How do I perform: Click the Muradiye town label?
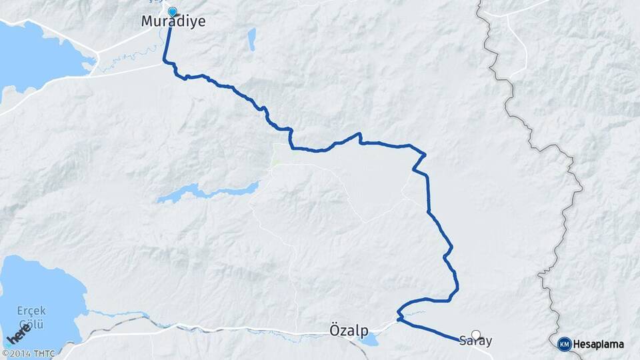coord(173,21)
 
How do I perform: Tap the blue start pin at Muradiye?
coord(173,12)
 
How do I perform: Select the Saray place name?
coord(476,341)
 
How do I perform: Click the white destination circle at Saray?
coord(476,335)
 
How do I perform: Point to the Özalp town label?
coord(349,329)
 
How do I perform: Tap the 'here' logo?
coord(19,333)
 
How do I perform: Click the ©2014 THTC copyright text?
coord(28,353)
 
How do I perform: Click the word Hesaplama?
coord(599,344)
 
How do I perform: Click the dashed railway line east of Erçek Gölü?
coord(133,323)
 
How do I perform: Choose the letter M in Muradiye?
coord(147,21)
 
